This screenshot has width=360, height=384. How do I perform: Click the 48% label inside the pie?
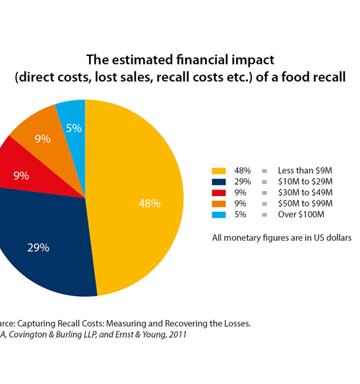point(149,203)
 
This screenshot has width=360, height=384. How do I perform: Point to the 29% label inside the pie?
point(38,247)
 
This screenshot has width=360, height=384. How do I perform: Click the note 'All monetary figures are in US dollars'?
point(282,237)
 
